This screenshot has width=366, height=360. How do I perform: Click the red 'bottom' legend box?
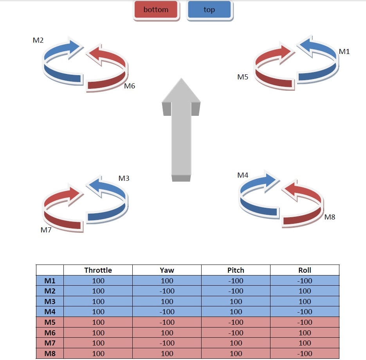coord(156,10)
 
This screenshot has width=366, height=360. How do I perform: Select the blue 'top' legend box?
coord(209,10)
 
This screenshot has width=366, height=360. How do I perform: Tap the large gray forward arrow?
coord(181,129)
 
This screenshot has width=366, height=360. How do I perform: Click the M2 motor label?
coord(38,40)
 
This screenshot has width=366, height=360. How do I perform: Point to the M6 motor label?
coord(130,86)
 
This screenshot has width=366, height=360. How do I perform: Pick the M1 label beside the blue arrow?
coord(344,52)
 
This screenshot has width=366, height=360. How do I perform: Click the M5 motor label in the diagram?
coord(243,77)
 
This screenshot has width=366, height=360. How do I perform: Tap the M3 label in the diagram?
coord(124,178)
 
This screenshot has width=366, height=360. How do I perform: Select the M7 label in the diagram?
coord(46,230)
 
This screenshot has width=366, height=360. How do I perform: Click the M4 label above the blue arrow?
coord(243,175)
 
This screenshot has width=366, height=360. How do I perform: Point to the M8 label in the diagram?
coord(330,217)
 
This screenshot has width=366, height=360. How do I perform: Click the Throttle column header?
coord(98,270)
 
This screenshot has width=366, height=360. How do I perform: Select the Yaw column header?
coord(167,270)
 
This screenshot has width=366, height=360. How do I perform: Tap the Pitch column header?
coord(236,270)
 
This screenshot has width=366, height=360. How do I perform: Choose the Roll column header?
coord(305,270)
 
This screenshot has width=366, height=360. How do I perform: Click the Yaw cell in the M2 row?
coord(167,291)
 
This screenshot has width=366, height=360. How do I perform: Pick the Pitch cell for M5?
coord(236,322)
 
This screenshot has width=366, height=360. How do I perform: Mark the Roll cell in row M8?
coord(305,354)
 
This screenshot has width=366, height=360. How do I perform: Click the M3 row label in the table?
coord(50,301)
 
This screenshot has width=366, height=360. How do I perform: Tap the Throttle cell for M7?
coord(98,343)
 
